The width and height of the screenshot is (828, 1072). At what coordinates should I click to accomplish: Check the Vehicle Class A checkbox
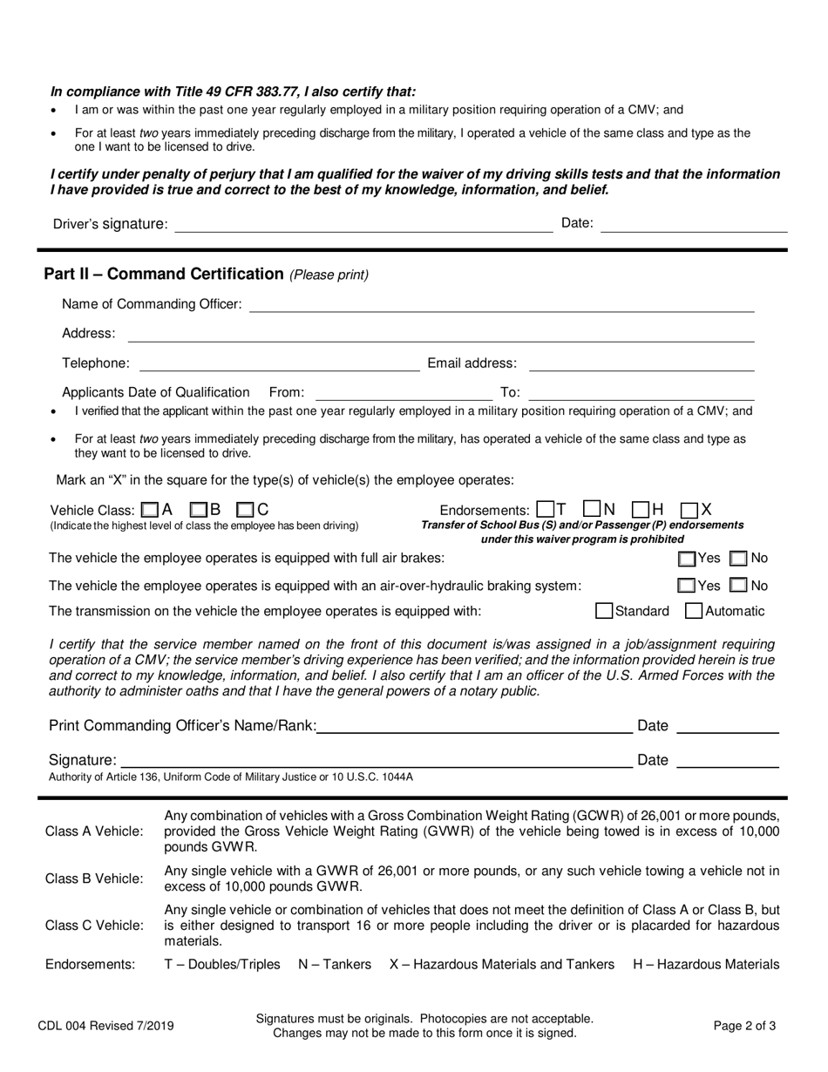click(150, 510)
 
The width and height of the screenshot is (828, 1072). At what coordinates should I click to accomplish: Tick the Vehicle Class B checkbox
click(199, 510)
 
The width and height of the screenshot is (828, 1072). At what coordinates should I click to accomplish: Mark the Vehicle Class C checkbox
click(246, 510)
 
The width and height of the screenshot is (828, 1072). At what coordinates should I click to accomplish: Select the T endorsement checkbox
click(546, 509)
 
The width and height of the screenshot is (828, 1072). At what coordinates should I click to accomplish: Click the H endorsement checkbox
click(641, 509)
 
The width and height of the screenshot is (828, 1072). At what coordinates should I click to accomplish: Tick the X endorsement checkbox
click(689, 510)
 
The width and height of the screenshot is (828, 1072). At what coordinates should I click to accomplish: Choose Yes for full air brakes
click(687, 559)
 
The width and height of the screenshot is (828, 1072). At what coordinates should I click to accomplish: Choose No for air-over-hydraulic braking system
click(738, 586)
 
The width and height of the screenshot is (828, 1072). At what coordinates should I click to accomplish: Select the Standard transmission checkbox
click(604, 611)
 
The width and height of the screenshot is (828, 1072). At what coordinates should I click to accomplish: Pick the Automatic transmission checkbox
click(695, 611)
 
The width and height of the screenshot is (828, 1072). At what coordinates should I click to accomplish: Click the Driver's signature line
click(363, 225)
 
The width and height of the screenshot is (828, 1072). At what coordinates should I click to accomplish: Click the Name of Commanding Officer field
click(501, 303)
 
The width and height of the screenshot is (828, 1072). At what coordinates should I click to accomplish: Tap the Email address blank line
click(641, 363)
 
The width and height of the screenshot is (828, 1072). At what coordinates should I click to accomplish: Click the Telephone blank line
click(279, 363)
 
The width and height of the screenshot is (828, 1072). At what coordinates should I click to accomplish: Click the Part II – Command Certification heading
click(164, 274)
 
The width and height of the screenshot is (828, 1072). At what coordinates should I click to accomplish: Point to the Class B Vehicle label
click(94, 879)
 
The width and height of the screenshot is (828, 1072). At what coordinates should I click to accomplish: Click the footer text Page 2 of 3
click(744, 1026)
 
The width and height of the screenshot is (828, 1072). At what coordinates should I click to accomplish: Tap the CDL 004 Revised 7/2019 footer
click(105, 1026)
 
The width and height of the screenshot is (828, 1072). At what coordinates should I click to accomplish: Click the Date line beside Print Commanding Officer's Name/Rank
click(727, 726)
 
